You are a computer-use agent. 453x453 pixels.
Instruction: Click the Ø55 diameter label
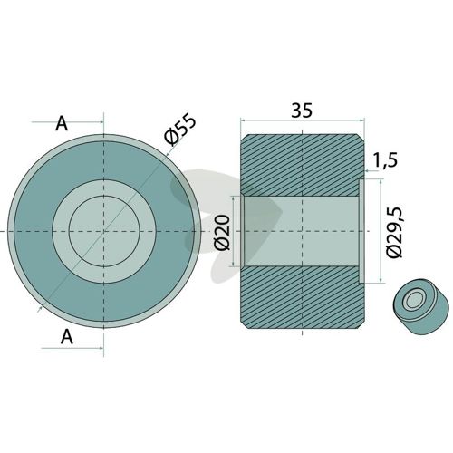[x=180, y=130]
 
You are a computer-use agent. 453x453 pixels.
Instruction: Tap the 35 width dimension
[x=302, y=111]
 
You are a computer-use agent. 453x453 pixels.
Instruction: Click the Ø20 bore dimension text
[x=223, y=233]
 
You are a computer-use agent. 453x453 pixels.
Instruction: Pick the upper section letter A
[x=62, y=123]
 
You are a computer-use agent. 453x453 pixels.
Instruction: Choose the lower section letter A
[x=67, y=336]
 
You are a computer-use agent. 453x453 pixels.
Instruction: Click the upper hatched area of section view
[x=302, y=166]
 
